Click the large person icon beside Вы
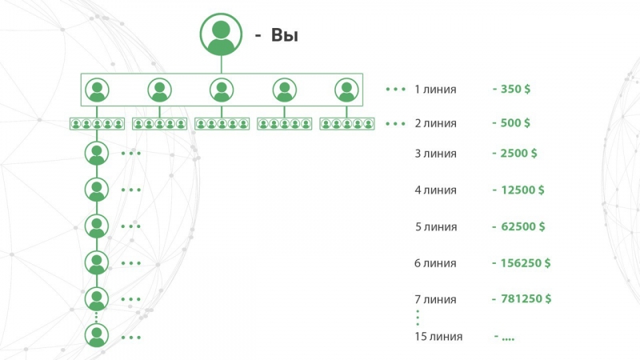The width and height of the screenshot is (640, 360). point(222,34)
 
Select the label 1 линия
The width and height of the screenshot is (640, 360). point(435,89)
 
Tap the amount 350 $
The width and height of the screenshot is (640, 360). point(512,89)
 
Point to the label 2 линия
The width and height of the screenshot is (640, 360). point(435,123)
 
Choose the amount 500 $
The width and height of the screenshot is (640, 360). point(512,123)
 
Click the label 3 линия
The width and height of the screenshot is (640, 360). point(435,154)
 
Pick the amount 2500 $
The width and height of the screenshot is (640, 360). point(514,154)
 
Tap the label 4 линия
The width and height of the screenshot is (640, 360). point(435,190)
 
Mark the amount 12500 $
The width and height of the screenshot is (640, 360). point(518,190)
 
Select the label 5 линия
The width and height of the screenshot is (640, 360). point(435,226)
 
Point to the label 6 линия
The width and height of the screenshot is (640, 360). point(435,263)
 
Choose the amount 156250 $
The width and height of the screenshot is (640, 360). point(522,263)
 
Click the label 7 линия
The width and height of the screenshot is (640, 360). point(435,299)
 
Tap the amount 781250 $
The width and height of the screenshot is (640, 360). point(522,299)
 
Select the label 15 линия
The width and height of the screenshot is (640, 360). point(438,337)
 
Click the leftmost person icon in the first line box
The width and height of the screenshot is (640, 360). point(97,90)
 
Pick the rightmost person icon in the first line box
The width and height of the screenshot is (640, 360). point(346,90)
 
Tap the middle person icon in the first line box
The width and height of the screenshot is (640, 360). point(222,90)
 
